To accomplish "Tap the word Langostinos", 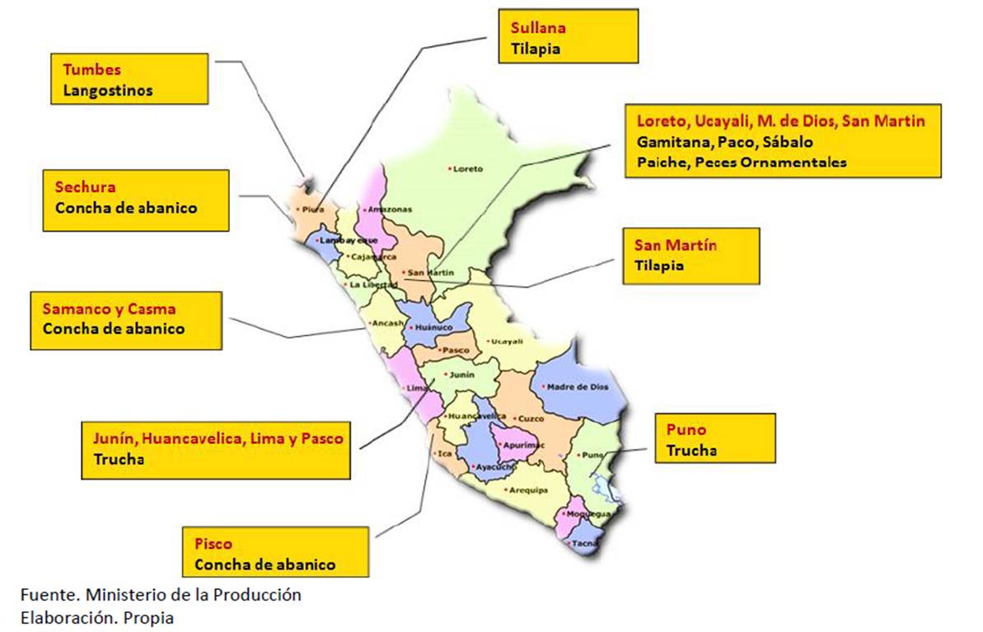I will [107, 91].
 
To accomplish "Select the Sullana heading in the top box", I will [532, 28].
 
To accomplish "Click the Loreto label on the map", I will [468, 169].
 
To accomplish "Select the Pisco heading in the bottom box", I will [213, 544].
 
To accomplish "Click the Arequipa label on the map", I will [528, 489].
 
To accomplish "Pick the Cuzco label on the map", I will [531, 419].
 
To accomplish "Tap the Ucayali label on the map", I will [506, 341].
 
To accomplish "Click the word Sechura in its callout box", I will [85, 187].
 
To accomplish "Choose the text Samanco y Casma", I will [109, 309].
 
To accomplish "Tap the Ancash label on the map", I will [387, 323].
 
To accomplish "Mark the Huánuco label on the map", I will [436, 327].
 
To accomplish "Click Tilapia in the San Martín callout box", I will [658, 266].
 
